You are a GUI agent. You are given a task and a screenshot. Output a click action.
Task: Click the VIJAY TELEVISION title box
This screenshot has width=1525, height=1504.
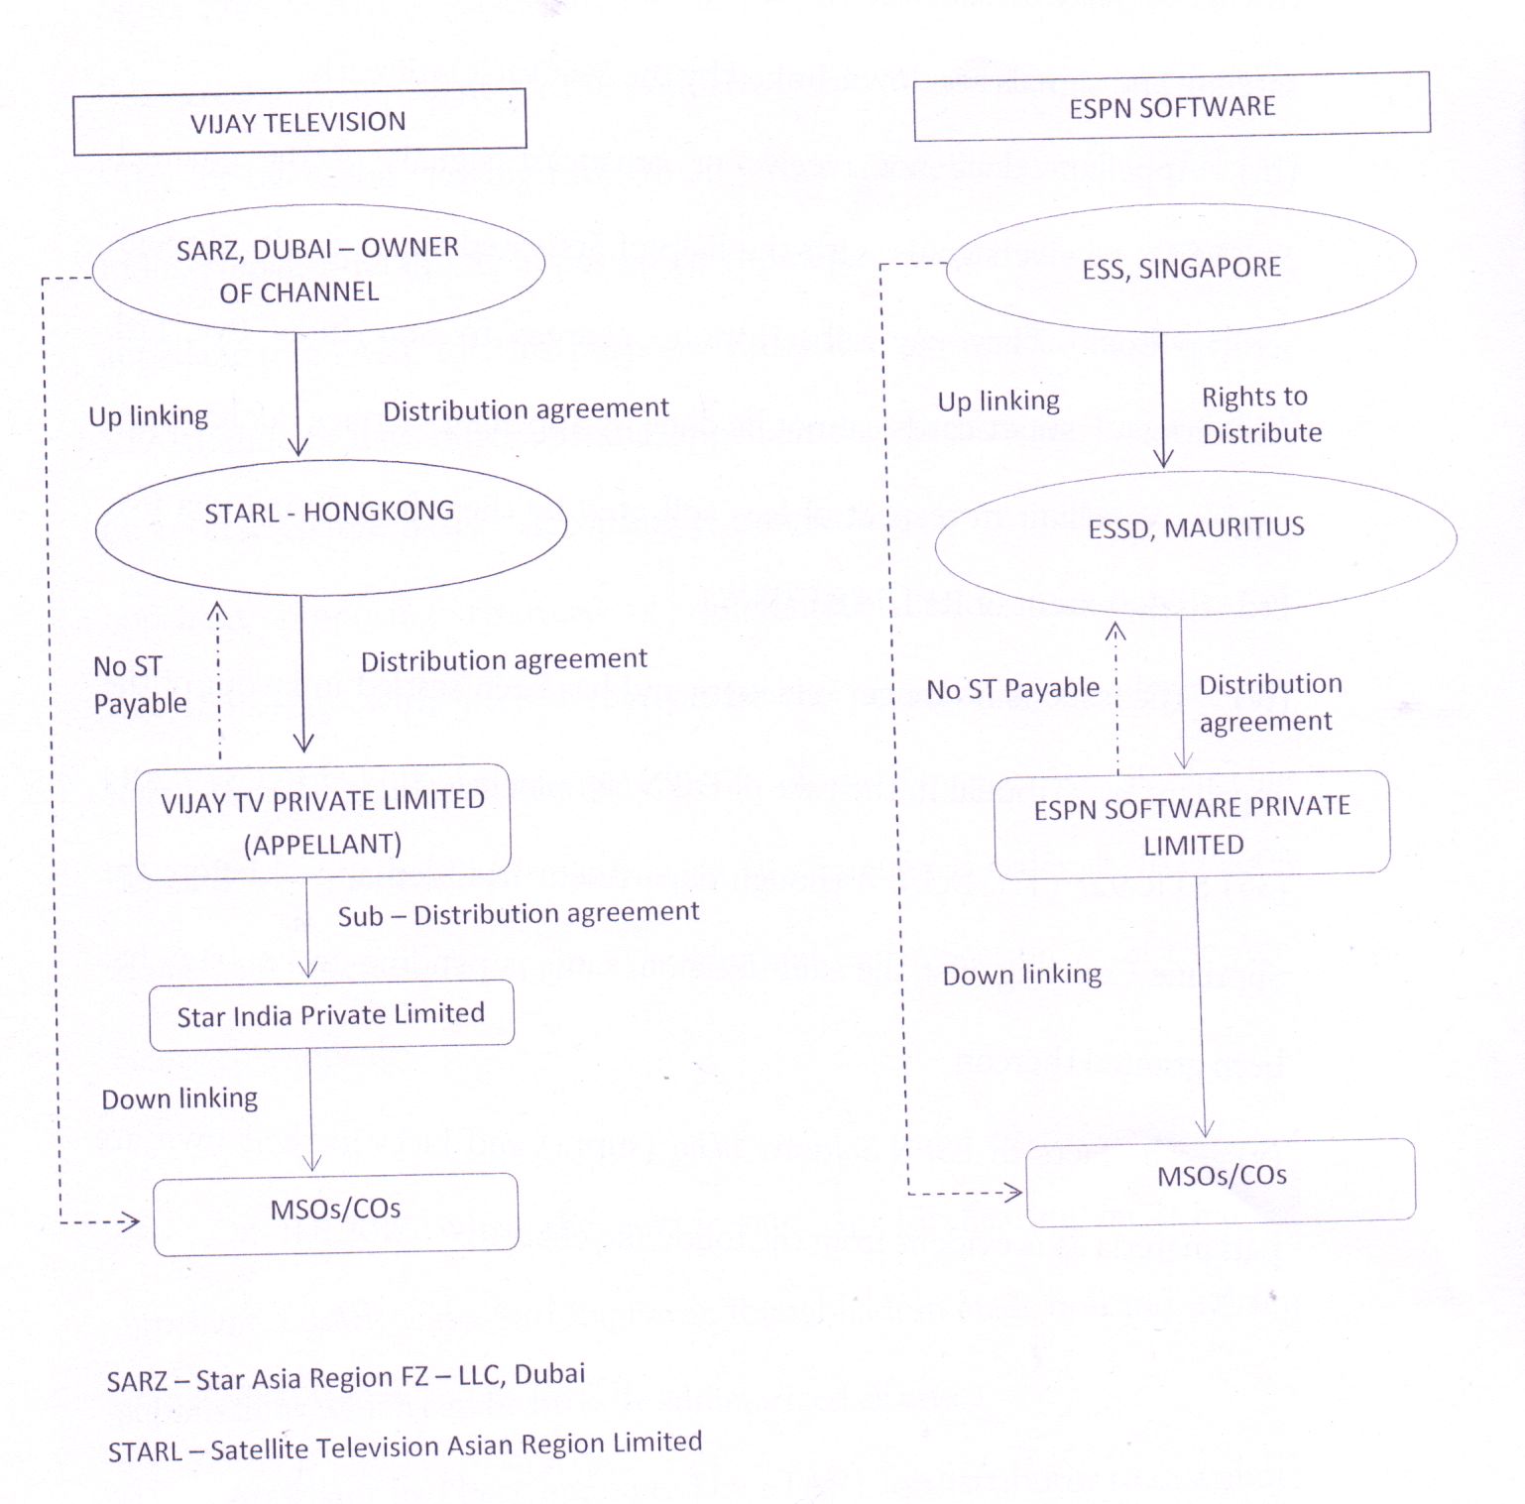pos(298,122)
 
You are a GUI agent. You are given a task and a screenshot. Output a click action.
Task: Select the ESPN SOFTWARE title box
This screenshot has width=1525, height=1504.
pos(1171,107)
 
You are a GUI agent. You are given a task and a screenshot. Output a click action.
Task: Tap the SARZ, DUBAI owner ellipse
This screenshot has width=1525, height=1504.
pos(317,269)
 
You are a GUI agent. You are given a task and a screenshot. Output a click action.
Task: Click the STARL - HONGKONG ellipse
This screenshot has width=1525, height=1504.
pos(329,527)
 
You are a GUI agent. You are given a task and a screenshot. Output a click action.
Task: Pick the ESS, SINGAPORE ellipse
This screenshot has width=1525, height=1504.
pos(1181,268)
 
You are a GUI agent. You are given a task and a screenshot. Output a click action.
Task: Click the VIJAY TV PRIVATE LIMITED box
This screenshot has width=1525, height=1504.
pos(323,822)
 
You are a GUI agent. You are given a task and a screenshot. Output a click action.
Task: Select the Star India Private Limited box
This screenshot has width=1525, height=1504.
pos(331,1015)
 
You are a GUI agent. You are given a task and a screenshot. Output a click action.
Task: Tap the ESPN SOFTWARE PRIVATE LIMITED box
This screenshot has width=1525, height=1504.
pos(1192,826)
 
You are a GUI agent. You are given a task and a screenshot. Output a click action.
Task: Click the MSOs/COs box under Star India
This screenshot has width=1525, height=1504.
pos(336,1212)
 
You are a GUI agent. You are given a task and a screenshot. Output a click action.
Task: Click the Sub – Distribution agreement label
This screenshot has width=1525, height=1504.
pos(519,914)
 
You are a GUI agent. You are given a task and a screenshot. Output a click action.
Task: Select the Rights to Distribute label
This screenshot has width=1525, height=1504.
pos(1260,414)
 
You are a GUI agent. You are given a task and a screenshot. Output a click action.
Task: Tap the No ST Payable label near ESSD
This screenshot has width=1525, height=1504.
pos(1012,688)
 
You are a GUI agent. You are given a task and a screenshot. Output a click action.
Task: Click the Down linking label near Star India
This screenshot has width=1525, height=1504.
pos(179,1099)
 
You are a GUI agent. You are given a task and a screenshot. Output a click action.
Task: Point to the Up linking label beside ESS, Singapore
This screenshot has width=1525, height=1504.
pos(998,402)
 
